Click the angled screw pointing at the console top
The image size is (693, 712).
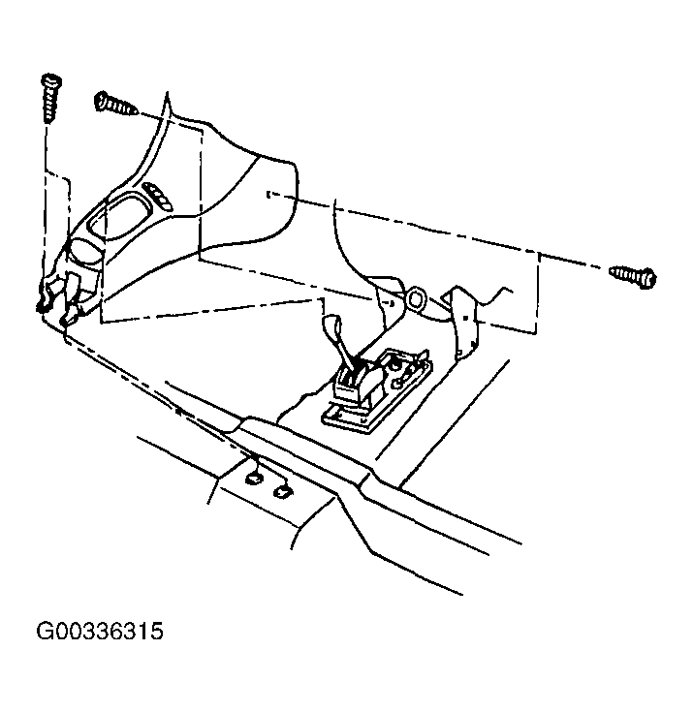pos(115,104)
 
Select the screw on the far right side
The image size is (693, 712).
pos(634,276)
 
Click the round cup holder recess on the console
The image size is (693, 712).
pos(86,253)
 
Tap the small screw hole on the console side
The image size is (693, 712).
pos(266,195)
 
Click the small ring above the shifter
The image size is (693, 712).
pos(418,299)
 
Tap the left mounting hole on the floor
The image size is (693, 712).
pos(255,477)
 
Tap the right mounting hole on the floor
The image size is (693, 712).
pos(283,492)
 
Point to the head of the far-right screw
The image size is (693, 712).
pos(648,279)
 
